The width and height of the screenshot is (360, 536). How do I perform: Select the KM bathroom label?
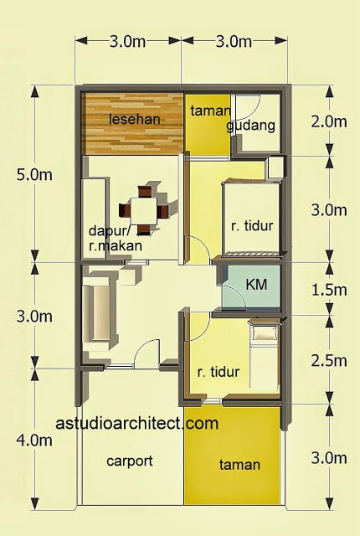(256, 285)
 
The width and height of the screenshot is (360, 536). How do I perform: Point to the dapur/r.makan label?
(115, 238)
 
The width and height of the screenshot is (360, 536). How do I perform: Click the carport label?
(129, 461)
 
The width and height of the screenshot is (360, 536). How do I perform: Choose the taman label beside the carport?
(239, 465)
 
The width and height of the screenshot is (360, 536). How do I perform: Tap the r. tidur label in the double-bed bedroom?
(253, 225)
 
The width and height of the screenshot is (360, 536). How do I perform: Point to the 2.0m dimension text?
(328, 121)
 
